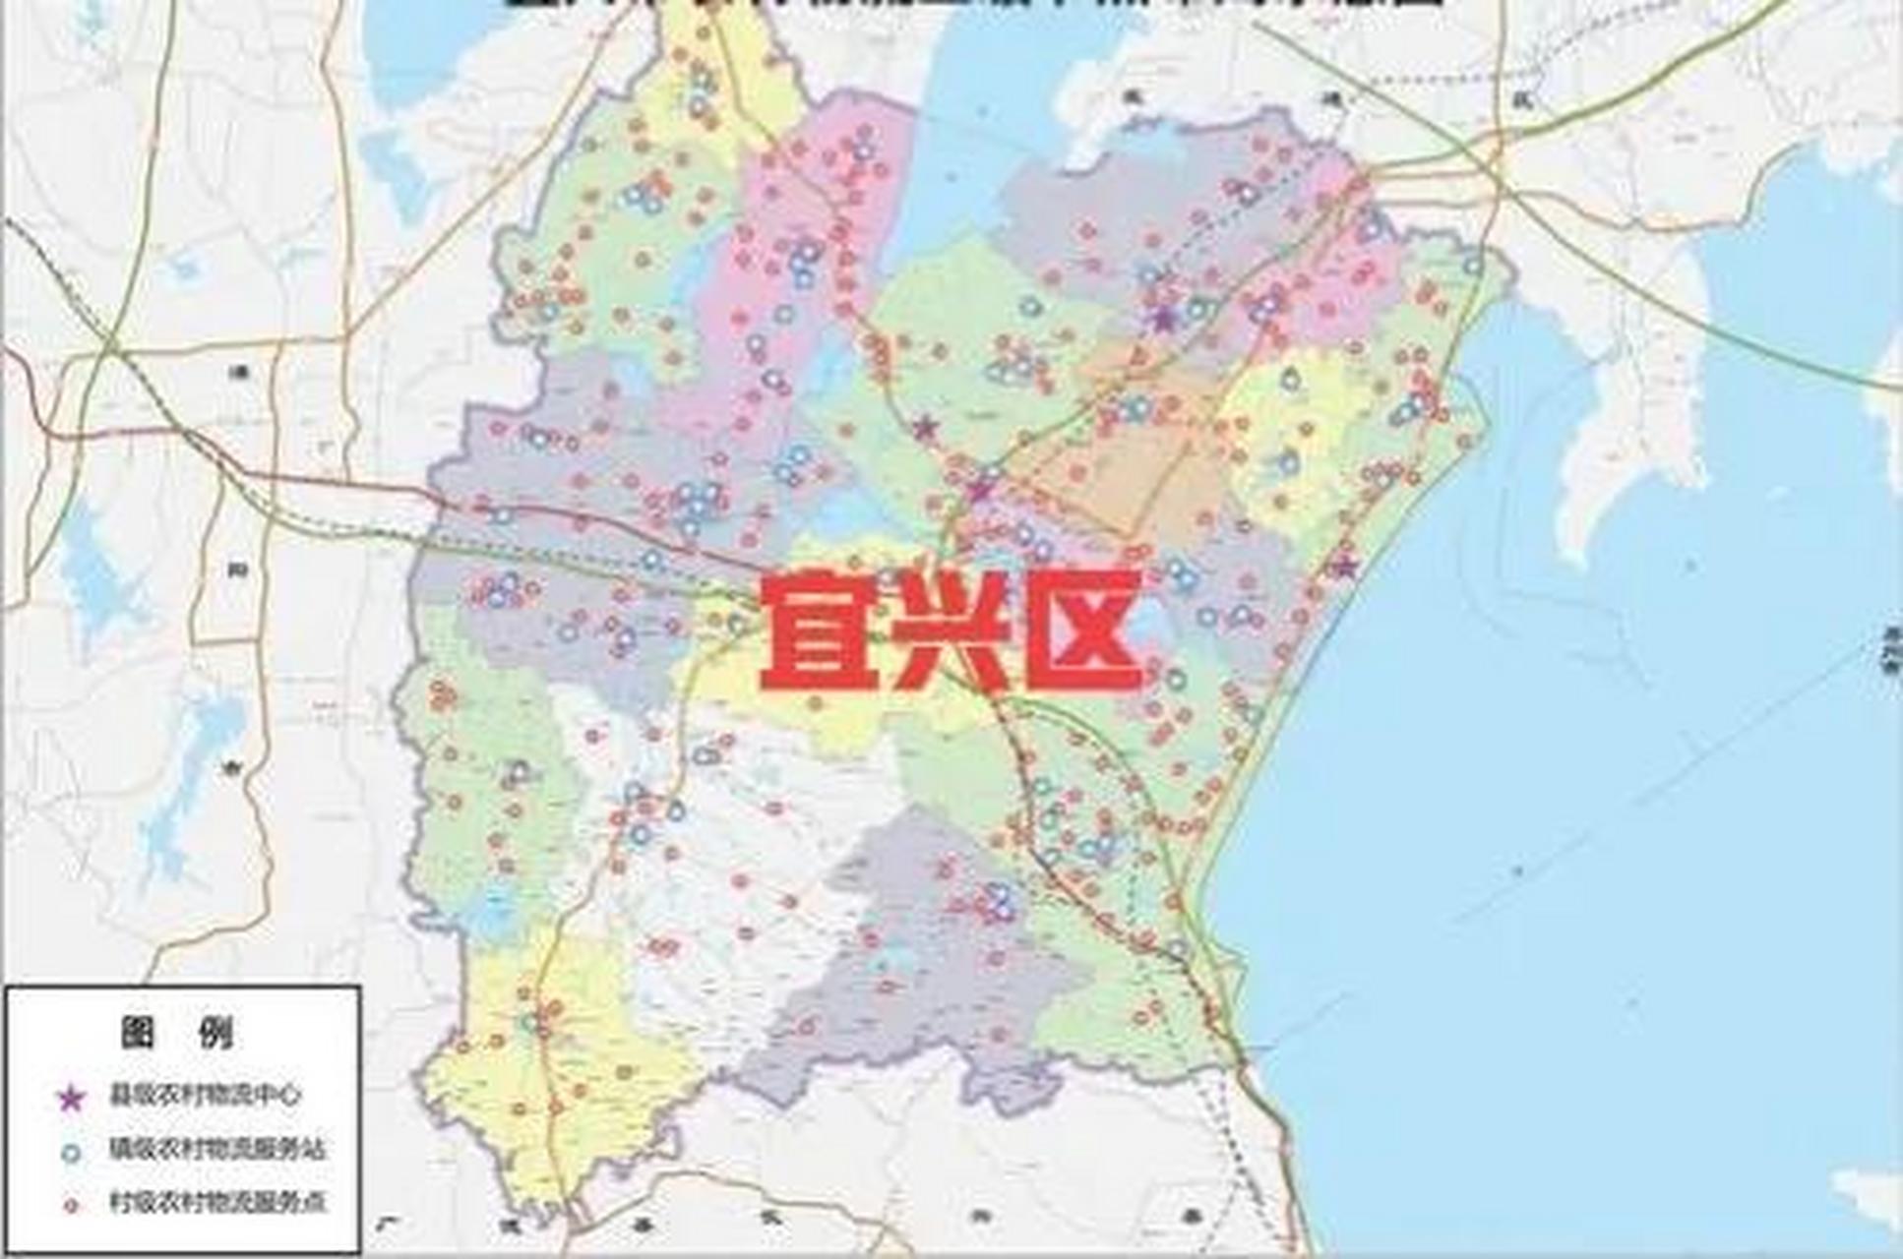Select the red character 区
tap(1080, 632)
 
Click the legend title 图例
tap(179, 1033)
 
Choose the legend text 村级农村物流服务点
tap(216, 1202)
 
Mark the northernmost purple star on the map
tap(1164, 318)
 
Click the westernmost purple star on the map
tap(923, 428)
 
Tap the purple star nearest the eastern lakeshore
tap(1344, 567)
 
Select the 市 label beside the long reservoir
tap(235, 770)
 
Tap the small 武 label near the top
tap(1531, 97)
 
